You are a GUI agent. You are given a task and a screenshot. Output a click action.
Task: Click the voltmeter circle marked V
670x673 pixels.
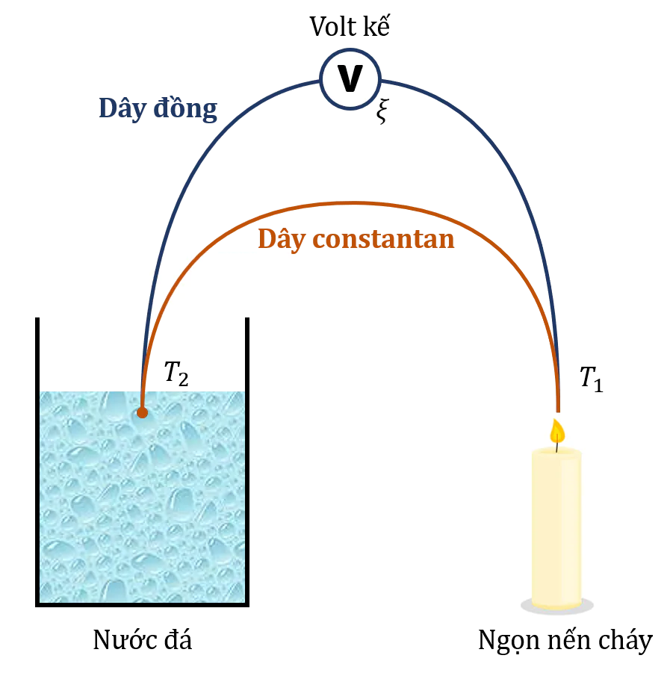(x=350, y=79)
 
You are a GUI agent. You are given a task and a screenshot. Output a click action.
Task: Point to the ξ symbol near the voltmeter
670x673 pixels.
(x=382, y=111)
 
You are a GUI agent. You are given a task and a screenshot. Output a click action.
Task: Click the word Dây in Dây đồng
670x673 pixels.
(x=122, y=108)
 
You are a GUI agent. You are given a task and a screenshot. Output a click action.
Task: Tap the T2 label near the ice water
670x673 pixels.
(x=176, y=373)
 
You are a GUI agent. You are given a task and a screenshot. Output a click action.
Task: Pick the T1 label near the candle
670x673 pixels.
(x=592, y=379)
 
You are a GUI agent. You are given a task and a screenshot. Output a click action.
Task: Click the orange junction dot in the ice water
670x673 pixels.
(x=142, y=412)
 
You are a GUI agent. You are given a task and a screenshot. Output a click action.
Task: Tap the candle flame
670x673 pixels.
(x=557, y=431)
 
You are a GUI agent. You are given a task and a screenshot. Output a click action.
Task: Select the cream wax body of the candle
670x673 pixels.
(x=556, y=528)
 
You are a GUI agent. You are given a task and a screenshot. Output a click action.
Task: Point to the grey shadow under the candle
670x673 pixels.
(x=557, y=606)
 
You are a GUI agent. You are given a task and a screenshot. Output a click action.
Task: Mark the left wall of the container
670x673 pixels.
(x=37, y=462)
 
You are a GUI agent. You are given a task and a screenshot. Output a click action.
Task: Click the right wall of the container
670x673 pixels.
(x=247, y=462)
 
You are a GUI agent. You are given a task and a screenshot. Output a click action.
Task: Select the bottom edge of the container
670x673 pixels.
(x=142, y=605)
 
